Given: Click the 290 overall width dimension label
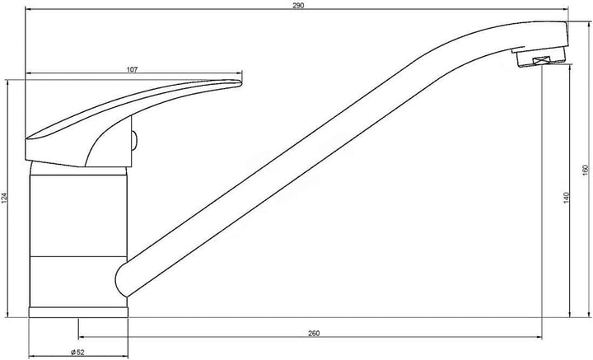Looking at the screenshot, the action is pos(298,6).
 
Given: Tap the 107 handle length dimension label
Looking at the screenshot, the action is pos(132,70).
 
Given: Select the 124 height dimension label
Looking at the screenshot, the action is pos(5,199).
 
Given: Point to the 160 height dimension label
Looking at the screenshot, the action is pos(586,170).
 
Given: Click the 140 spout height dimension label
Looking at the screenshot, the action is pos(566,198).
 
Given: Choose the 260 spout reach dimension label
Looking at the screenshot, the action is pos(314,333).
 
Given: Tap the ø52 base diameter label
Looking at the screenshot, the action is pos(77,352).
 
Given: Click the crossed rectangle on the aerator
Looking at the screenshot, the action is pos(543,60).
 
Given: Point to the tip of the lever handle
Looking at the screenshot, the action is pos(240,82).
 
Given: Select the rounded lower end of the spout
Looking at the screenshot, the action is pos(119,280).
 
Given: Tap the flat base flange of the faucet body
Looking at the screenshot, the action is pos(78,312).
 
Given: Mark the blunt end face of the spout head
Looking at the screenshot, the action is pos(567,33).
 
